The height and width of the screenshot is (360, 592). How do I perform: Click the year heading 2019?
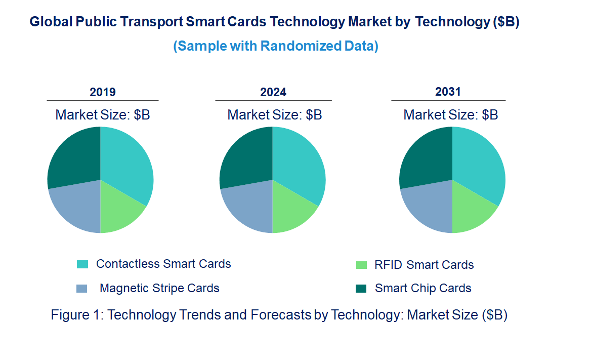pyautogui.click(x=103, y=92)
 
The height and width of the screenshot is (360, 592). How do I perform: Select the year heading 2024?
pyautogui.click(x=273, y=92)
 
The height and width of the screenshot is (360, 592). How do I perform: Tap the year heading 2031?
pyautogui.click(x=448, y=92)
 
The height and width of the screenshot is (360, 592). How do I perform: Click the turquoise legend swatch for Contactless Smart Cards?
pyautogui.click(x=82, y=264)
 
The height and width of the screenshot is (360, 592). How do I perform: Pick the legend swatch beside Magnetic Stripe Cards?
pyautogui.click(x=82, y=289)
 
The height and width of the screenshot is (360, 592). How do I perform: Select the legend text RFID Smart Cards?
pyautogui.click(x=424, y=265)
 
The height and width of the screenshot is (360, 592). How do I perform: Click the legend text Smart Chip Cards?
pyautogui.click(x=423, y=288)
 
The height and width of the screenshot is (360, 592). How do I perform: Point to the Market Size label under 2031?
pyautogui.click(x=450, y=115)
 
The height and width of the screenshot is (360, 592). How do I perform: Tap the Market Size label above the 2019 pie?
pyautogui.click(x=103, y=115)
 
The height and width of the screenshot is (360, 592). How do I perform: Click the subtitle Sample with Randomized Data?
pyautogui.click(x=276, y=46)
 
